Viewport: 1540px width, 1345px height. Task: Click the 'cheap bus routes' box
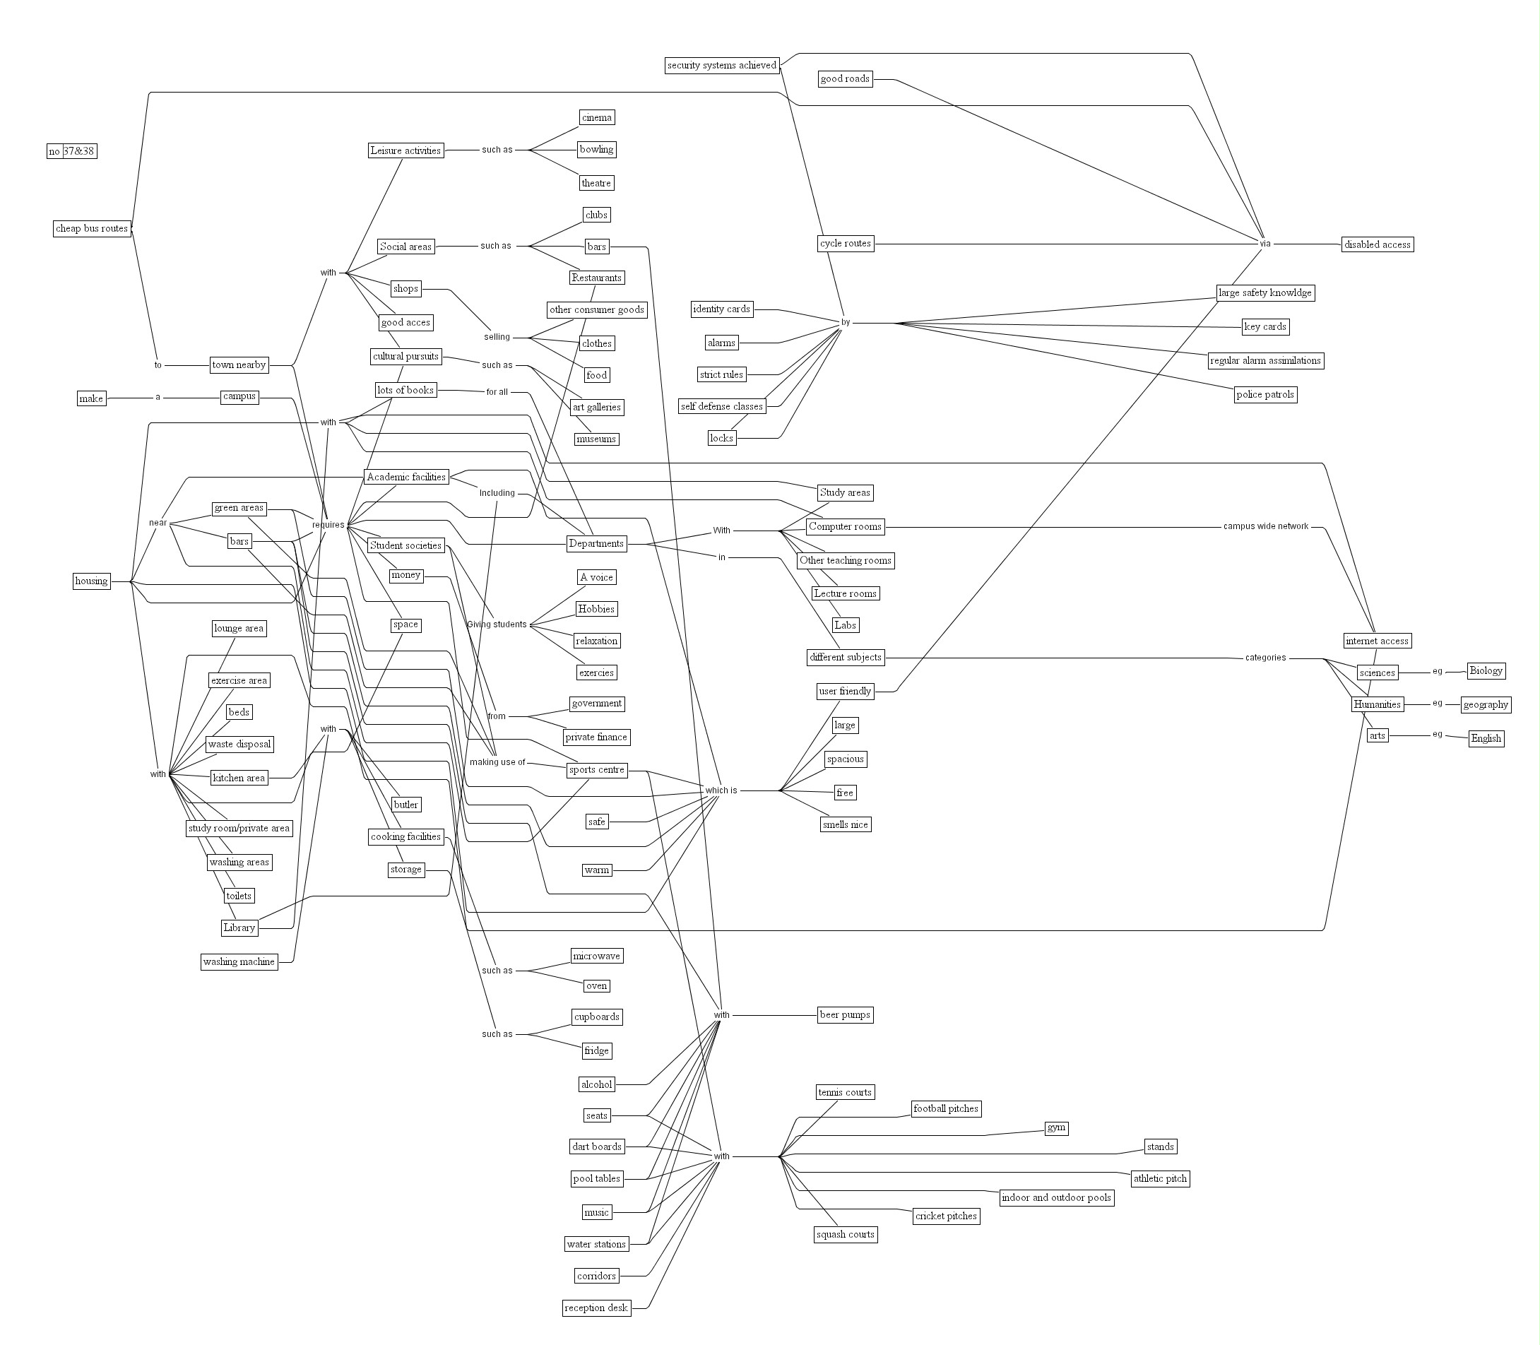click(93, 228)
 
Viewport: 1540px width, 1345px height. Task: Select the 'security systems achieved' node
click(721, 65)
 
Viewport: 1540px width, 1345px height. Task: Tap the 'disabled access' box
click(1376, 244)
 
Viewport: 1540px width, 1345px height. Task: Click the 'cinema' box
click(597, 117)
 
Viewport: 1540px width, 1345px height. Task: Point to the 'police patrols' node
click(1264, 394)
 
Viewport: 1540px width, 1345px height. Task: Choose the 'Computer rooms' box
click(844, 526)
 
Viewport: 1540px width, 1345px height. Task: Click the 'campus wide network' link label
click(1265, 526)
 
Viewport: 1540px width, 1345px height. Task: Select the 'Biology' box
click(1485, 670)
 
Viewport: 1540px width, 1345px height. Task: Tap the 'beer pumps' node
click(844, 1014)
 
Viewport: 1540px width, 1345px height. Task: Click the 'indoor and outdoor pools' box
click(1055, 1197)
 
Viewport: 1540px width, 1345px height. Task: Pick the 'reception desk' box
click(596, 1308)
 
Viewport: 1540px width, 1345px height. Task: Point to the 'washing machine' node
click(239, 961)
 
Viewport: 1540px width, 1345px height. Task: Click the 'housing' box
click(92, 580)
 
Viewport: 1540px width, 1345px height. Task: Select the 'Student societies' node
click(405, 545)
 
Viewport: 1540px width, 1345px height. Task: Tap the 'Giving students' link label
click(497, 624)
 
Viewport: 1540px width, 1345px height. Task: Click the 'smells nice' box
click(844, 824)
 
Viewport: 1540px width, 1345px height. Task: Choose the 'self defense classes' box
click(721, 406)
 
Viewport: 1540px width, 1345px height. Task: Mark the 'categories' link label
click(1265, 658)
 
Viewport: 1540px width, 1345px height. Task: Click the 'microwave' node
click(596, 956)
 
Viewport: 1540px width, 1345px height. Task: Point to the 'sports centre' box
click(597, 769)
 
